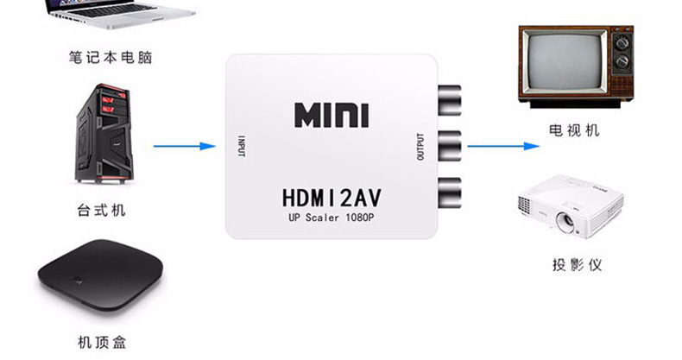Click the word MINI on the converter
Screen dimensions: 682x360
pyautogui.click(x=332, y=116)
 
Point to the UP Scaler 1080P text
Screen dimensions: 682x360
pyautogui.click(x=332, y=218)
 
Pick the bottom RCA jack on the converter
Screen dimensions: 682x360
pyautogui.click(x=450, y=188)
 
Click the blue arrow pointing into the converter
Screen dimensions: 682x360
pyautogui.click(x=184, y=146)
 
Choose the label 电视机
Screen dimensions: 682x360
pyautogui.click(x=574, y=130)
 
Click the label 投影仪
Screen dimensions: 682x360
pyautogui.click(x=577, y=263)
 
